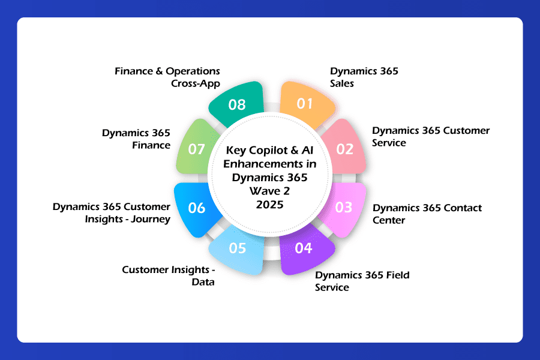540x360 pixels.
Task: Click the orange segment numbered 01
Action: tap(306, 104)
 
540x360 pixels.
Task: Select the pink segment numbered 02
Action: tap(344, 148)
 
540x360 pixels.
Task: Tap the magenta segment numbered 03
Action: tap(343, 208)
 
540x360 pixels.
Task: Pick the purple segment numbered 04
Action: tap(304, 249)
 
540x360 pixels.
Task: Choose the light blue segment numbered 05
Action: tap(237, 249)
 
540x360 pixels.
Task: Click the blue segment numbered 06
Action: tap(197, 209)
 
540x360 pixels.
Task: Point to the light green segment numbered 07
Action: tap(197, 148)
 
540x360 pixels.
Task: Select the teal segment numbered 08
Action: tap(237, 104)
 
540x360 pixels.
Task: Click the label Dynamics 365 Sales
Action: tap(364, 77)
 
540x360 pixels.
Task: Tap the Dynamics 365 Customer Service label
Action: tap(431, 136)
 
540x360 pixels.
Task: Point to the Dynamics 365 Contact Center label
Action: tap(427, 214)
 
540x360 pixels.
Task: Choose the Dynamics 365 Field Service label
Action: tap(362, 281)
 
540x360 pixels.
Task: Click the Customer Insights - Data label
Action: tap(169, 275)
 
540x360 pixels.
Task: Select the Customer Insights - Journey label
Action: tap(112, 212)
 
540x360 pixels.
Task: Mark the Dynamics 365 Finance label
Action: tap(136, 139)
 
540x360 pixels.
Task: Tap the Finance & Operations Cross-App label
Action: tap(167, 77)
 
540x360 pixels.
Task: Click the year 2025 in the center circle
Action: tap(269, 205)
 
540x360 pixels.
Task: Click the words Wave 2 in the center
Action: tap(269, 191)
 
